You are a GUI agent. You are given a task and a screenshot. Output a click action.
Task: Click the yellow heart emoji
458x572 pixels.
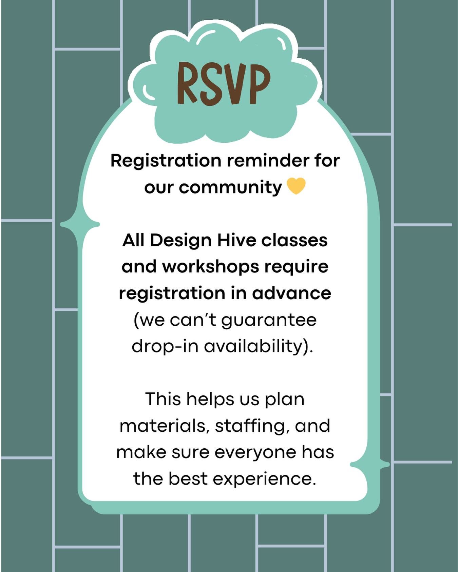pos(296,187)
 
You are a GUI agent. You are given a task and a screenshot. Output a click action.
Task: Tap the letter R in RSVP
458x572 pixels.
pos(188,83)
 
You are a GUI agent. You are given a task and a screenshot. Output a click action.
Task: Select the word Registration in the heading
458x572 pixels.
pos(166,161)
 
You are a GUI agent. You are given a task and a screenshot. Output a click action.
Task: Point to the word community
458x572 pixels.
pos(230,187)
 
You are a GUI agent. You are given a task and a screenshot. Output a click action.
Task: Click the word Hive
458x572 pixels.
pos(236,240)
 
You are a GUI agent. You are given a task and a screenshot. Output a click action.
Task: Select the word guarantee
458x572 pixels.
pos(269,320)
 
